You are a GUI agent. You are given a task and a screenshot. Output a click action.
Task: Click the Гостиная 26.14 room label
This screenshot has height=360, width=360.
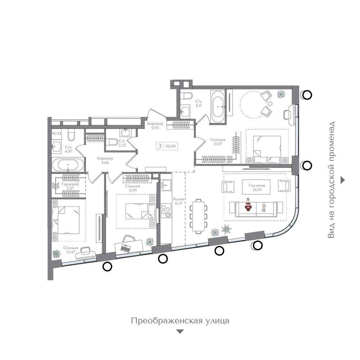257,187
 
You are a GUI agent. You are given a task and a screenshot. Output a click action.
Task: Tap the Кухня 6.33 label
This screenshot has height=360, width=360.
179,201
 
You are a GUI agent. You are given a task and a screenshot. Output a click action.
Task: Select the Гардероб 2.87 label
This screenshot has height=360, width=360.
70,186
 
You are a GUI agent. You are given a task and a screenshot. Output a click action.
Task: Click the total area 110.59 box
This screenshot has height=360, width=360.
167,146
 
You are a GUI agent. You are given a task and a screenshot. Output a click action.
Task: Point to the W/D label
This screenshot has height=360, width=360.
56,133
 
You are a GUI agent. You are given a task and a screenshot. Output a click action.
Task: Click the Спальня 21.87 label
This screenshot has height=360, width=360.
218,141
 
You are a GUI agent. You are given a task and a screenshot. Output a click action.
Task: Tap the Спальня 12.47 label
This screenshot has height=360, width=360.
71,250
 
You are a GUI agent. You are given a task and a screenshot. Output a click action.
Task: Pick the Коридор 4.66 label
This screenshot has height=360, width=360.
105,160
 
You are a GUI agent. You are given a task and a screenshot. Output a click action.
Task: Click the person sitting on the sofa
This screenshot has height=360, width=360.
248,205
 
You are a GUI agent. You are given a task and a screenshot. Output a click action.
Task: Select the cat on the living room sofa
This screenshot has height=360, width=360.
264,207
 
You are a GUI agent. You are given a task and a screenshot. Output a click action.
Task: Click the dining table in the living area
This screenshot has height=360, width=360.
198,216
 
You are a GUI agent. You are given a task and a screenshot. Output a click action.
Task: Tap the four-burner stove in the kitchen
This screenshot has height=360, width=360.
166,211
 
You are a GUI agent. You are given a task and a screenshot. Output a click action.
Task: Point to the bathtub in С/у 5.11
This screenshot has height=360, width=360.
218,107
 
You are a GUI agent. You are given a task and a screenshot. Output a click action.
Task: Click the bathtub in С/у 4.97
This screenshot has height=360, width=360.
68,165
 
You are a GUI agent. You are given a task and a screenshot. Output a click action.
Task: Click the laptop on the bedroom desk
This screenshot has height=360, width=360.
126,248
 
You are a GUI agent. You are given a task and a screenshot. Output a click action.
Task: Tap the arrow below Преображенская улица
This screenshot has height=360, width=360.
180,332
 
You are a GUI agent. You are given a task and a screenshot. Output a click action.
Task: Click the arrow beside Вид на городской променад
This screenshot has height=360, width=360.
343,180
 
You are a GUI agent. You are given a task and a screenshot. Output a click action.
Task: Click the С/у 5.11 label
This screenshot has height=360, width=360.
199,104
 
